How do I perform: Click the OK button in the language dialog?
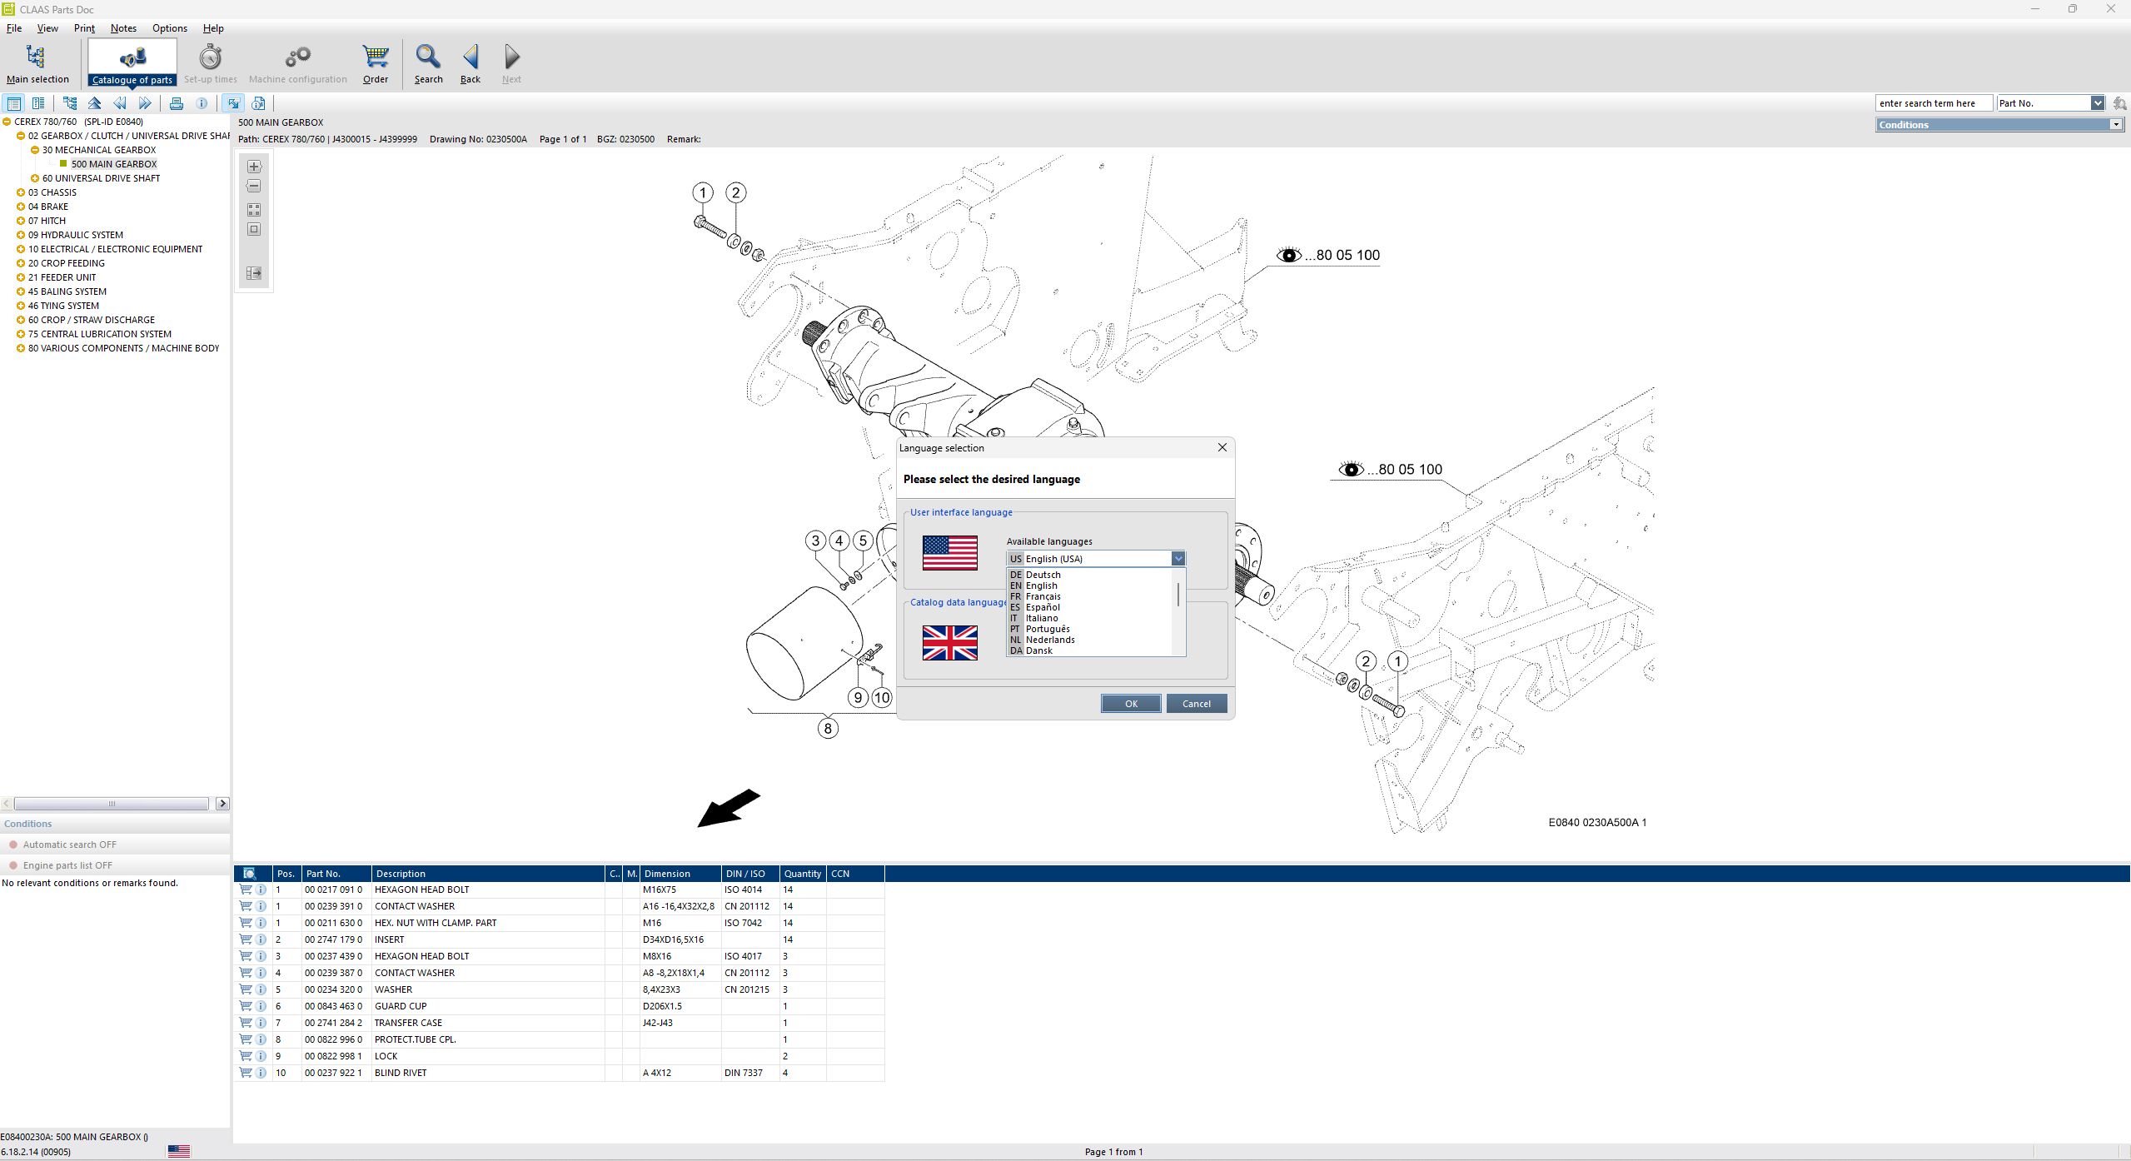pyautogui.click(x=1130, y=704)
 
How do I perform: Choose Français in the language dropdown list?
pyautogui.click(x=1043, y=597)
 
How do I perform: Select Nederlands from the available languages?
pyautogui.click(x=1049, y=640)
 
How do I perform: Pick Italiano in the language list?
pyautogui.click(x=1042, y=619)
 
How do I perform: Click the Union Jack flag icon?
pyautogui.click(x=949, y=643)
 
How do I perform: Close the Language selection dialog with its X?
pyautogui.click(x=1222, y=448)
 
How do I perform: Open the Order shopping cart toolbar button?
pyautogui.click(x=376, y=64)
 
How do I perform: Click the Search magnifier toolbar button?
pyautogui.click(x=428, y=64)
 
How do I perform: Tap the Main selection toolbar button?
pyautogui.click(x=37, y=64)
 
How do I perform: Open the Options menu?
pyautogui.click(x=170, y=28)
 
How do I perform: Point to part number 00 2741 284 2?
pyautogui.click(x=333, y=1023)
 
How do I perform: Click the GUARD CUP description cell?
pyautogui.click(x=401, y=1006)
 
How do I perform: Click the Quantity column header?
pyautogui.click(x=802, y=874)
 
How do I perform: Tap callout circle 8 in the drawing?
pyautogui.click(x=827, y=729)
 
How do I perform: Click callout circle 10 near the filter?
pyautogui.click(x=882, y=697)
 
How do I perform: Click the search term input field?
pyautogui.click(x=1932, y=103)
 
